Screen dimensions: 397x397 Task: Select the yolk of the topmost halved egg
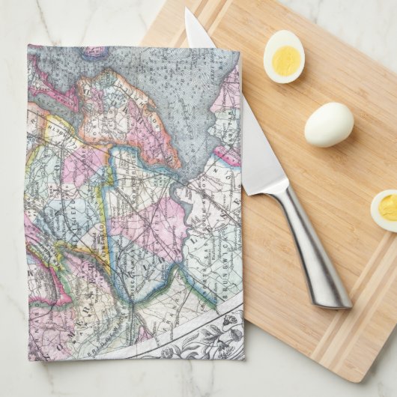(x=285, y=60)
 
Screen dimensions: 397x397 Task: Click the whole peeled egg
(x=329, y=124)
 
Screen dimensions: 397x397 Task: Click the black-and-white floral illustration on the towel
(x=202, y=337)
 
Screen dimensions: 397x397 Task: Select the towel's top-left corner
(x=29, y=47)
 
